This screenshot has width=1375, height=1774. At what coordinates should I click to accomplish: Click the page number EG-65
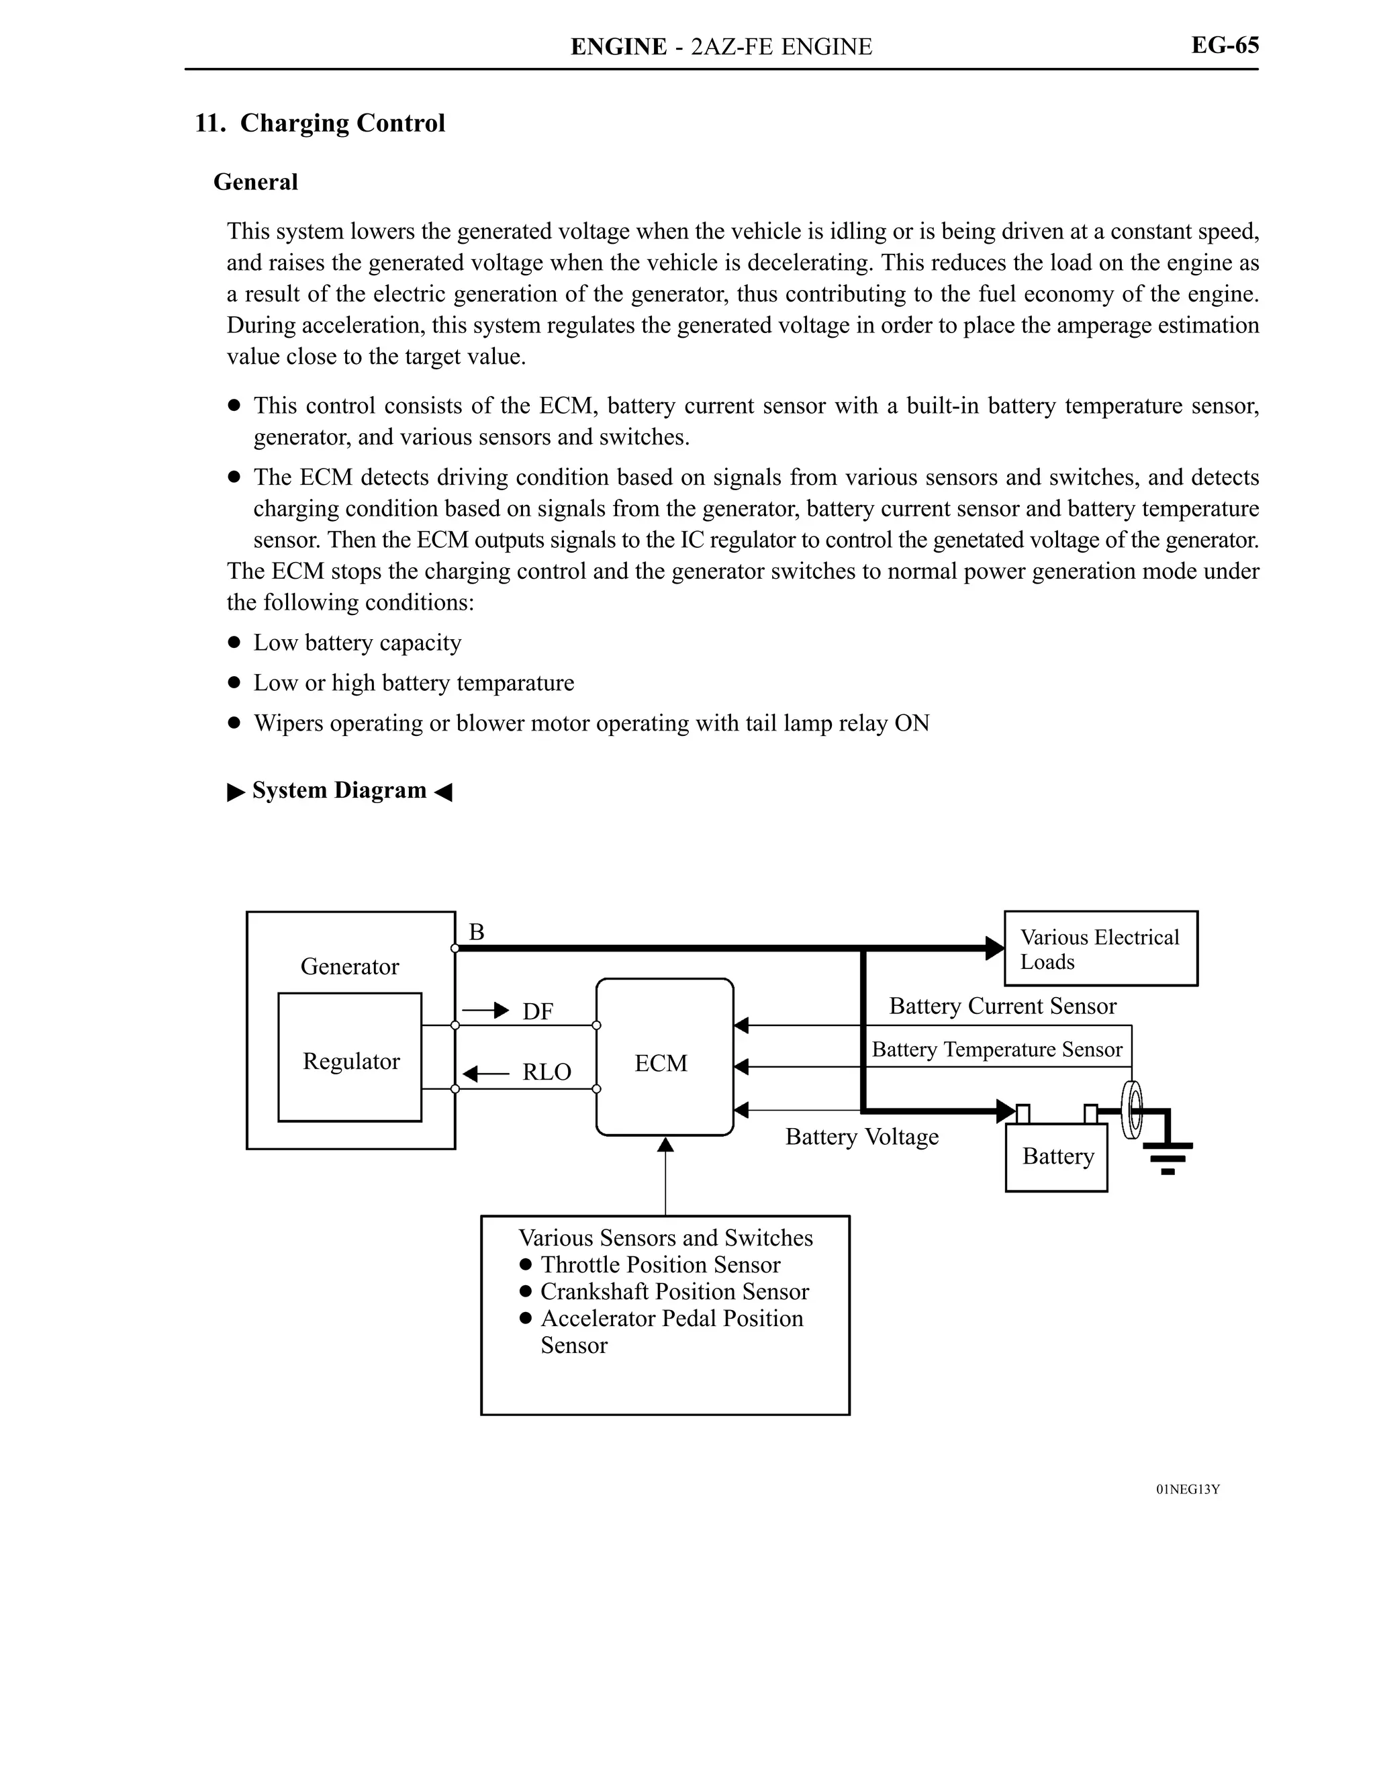[1224, 46]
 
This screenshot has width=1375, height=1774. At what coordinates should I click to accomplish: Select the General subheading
[255, 182]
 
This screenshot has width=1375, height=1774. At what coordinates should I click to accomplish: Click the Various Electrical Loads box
[1100, 949]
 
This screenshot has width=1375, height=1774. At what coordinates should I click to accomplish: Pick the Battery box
[1056, 1157]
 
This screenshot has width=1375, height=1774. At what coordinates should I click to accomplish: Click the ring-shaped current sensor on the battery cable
[1131, 1109]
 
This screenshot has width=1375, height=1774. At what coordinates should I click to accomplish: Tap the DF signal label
[538, 1011]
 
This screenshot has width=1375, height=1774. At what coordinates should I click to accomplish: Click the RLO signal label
[546, 1072]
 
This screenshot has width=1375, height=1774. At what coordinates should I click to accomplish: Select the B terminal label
[477, 932]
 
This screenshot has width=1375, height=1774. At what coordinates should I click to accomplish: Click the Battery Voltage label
[861, 1136]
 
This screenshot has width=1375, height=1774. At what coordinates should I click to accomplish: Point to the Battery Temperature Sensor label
[996, 1049]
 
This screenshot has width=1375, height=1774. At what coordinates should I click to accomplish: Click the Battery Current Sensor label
[1002, 1007]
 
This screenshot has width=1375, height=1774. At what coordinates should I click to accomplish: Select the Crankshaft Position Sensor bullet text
[674, 1291]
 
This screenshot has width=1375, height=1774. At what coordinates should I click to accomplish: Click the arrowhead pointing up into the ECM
[665, 1144]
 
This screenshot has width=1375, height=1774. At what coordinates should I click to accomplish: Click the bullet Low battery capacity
[357, 643]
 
